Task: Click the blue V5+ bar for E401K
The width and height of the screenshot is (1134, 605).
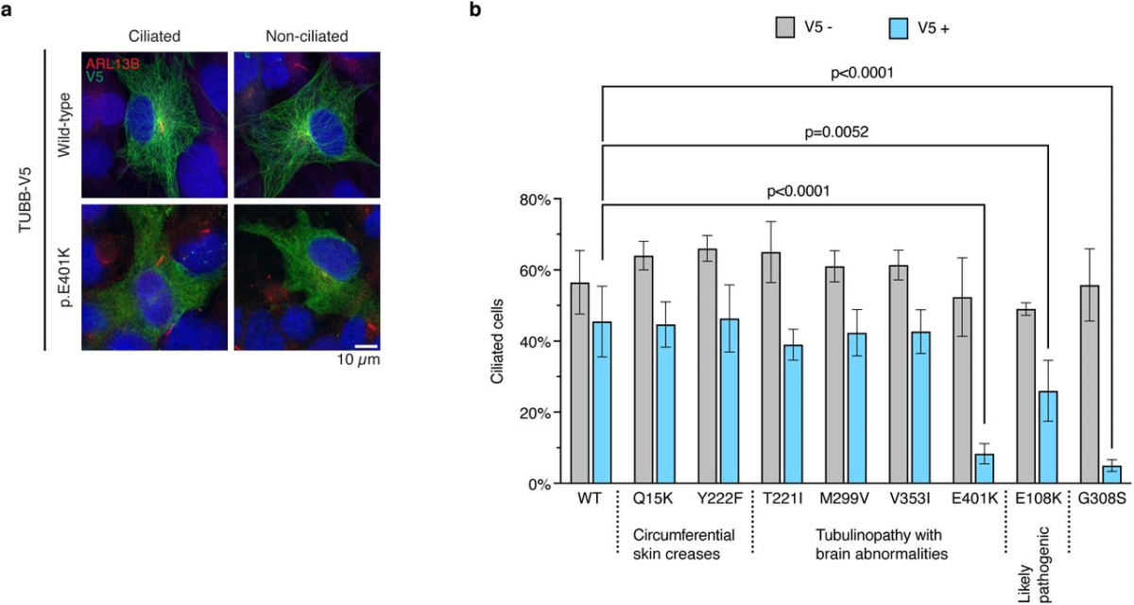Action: (x=985, y=469)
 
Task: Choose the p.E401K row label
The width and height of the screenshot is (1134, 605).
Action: (x=69, y=277)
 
